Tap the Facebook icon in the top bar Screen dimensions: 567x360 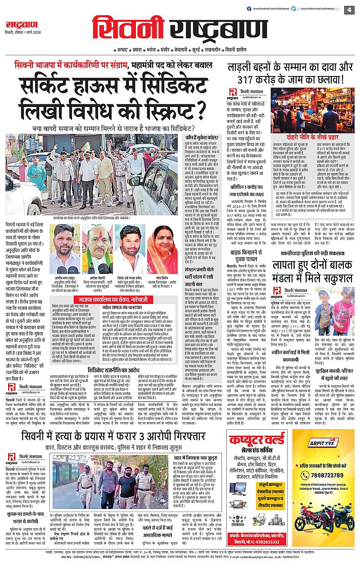tap(248, 9)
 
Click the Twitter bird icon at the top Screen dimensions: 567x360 tap(303, 9)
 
